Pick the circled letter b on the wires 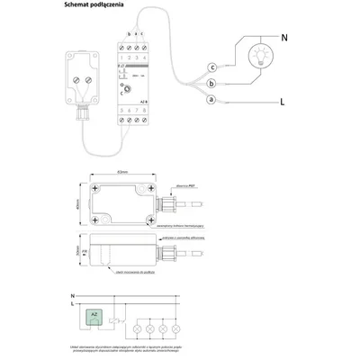coord(211,83)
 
